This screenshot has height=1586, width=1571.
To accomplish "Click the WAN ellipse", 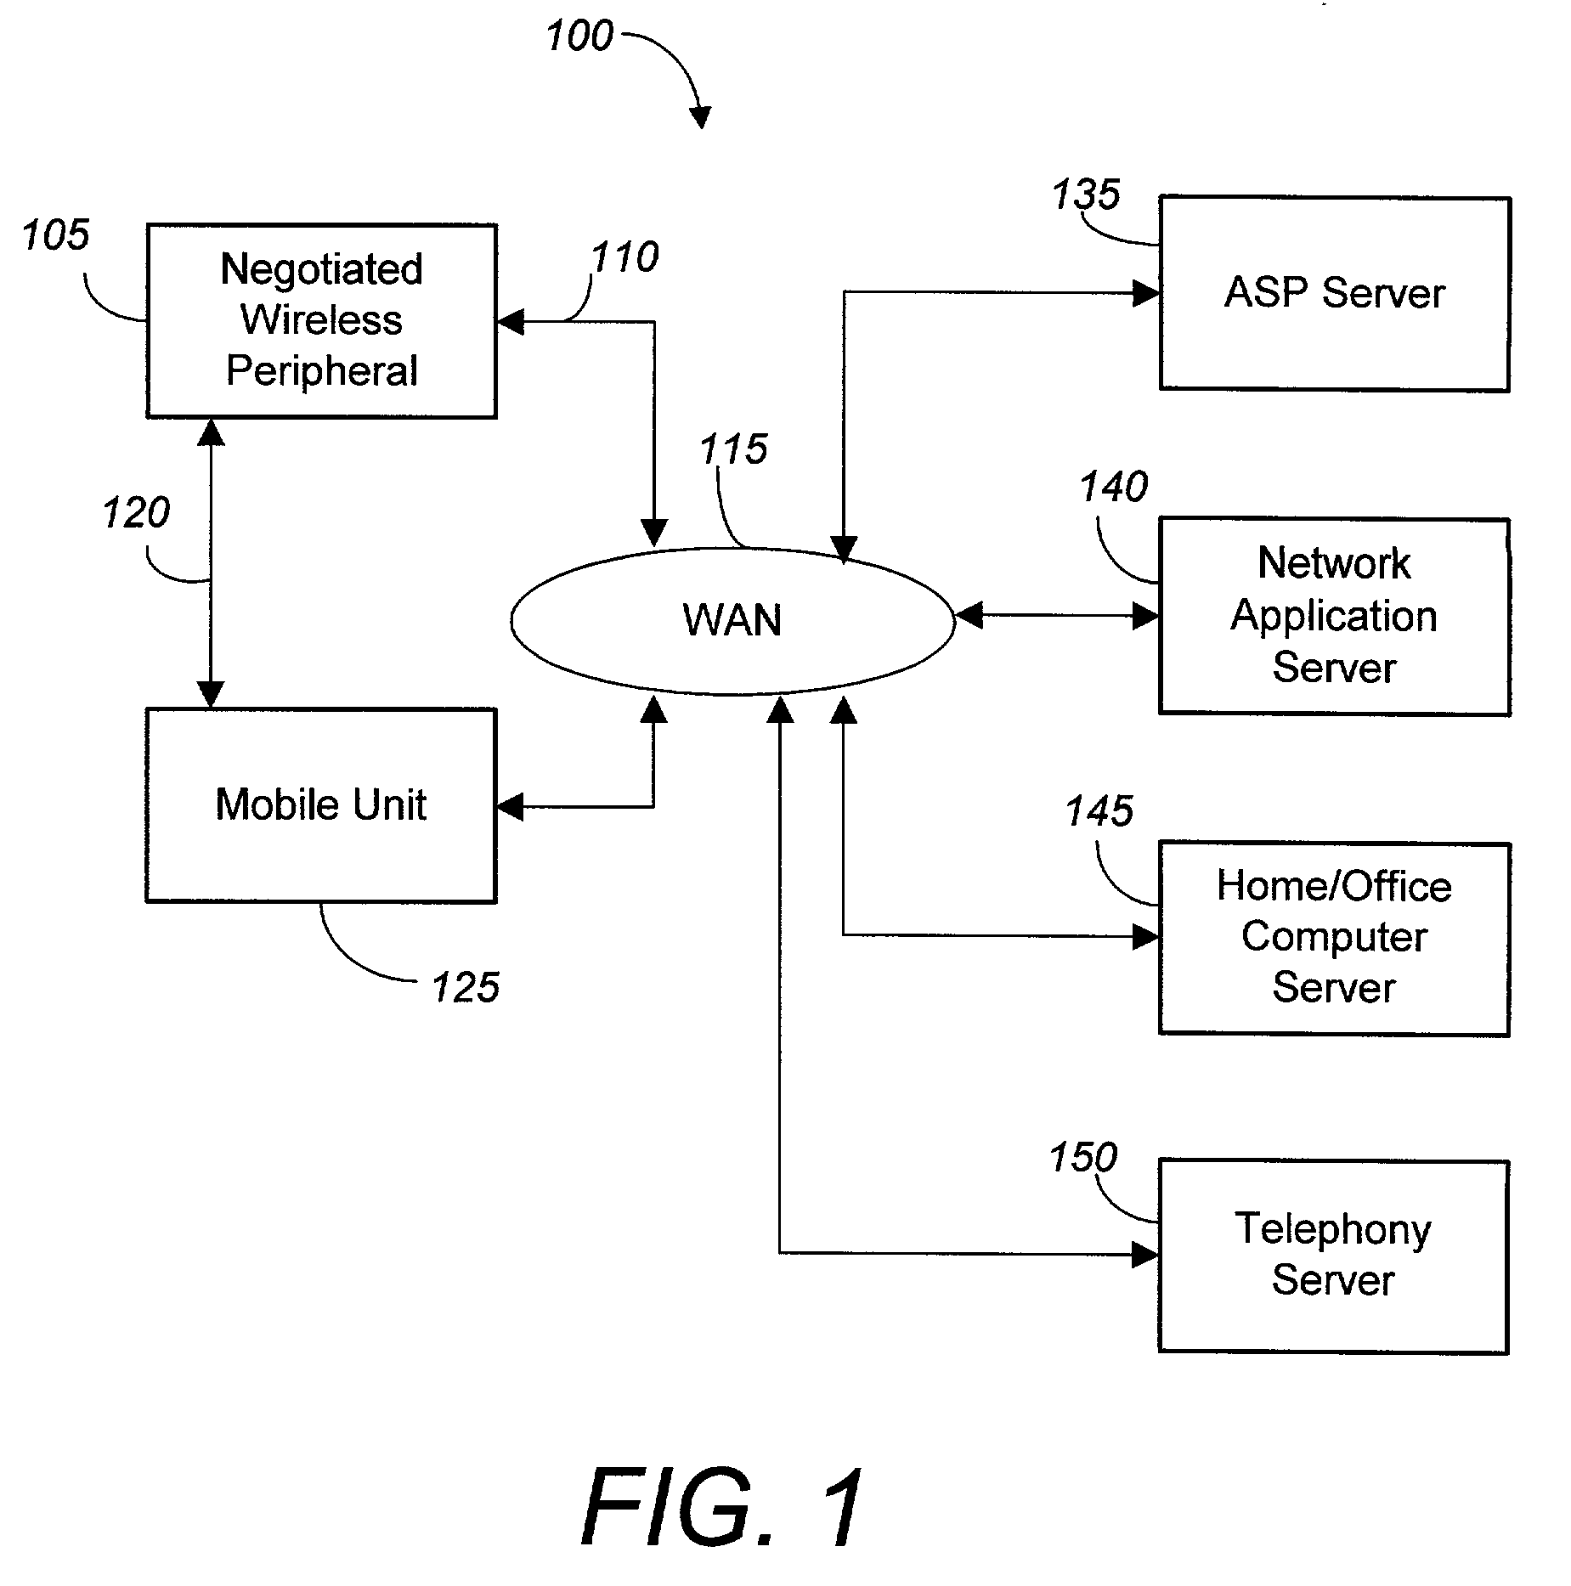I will coord(732,621).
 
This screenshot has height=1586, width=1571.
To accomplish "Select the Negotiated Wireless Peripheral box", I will coord(321,321).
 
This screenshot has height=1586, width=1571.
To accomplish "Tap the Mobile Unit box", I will coord(321,804).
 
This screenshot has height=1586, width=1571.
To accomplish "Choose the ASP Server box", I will coord(1334,294).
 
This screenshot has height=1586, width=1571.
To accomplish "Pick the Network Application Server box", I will coord(1334,616).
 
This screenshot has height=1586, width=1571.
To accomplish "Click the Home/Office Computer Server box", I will coord(1334,938).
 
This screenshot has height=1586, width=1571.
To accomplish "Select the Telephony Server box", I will coord(1333,1256).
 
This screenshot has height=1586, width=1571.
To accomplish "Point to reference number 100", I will coord(579,37).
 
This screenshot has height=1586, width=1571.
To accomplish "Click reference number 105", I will coord(56,235).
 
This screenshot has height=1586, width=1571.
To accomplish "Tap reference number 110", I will coord(625,257).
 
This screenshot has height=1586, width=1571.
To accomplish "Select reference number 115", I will coord(734,449).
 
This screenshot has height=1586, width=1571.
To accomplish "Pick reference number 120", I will coord(137,513).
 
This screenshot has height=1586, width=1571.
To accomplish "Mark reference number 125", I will coord(466,988).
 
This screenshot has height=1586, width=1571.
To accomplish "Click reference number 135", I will coord(1086,195).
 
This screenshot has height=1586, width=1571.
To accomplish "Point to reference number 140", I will coord(1114,488).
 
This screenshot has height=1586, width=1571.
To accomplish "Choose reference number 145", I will coord(1099,811).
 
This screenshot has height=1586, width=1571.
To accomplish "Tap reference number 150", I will coord(1083,1158).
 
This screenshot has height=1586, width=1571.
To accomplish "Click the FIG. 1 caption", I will coord(723,1507).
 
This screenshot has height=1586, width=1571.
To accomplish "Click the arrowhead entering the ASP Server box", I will coord(1146,294).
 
